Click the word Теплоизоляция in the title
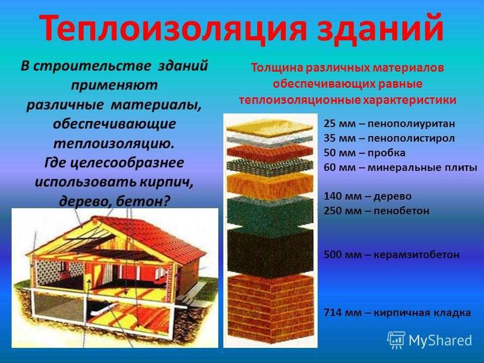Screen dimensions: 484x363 click(x=173, y=28)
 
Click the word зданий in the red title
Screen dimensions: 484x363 click(x=381, y=28)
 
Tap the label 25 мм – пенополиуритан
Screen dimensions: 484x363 click(x=389, y=124)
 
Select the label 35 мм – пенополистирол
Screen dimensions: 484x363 click(x=389, y=138)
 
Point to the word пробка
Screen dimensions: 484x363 click(x=386, y=153)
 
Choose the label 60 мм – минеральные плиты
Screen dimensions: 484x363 click(x=400, y=167)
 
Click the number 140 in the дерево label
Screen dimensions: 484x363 click(x=331, y=196)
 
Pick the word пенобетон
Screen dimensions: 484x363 click(x=401, y=211)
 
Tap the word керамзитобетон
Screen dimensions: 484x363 click(x=416, y=255)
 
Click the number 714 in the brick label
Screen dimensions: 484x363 click(x=331, y=313)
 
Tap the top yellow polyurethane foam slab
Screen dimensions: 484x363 click(x=269, y=127)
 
